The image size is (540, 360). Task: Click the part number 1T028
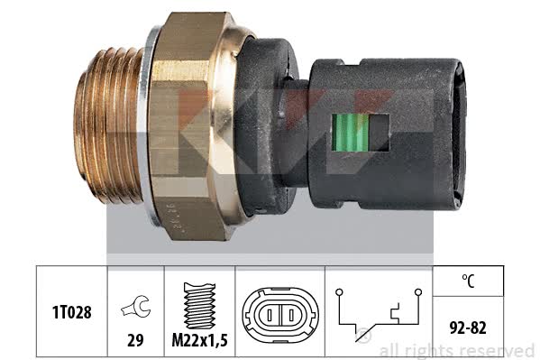[x=71, y=312]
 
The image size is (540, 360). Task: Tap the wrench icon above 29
[x=136, y=306]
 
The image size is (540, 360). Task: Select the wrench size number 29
[x=135, y=340]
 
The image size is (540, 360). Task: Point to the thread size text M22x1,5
[x=200, y=340]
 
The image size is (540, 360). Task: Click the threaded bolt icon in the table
[x=200, y=306]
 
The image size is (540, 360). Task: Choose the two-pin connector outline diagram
[x=280, y=315]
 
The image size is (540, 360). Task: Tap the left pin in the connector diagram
[x=270, y=315]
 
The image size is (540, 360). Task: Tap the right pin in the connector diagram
[x=291, y=315]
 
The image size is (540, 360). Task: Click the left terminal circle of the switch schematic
[x=339, y=292]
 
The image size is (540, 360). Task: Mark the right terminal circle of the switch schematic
[x=418, y=292]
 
